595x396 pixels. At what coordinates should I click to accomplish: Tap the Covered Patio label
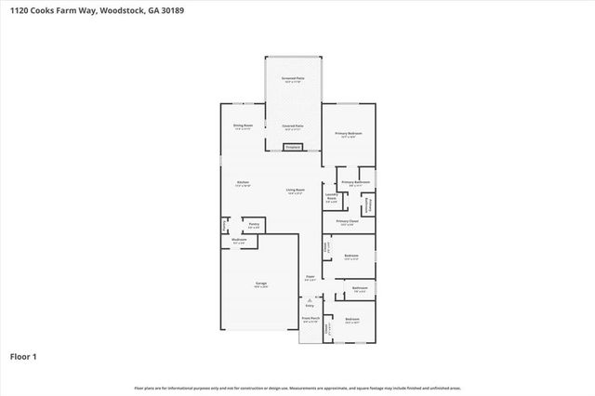pos(293,126)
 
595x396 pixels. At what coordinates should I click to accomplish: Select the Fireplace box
pos(293,147)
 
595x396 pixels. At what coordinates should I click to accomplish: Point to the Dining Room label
pos(242,126)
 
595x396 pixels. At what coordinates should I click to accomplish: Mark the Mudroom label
pos(239,241)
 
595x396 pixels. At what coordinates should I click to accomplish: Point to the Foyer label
pos(311,277)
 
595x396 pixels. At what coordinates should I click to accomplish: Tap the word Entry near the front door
pos(311,305)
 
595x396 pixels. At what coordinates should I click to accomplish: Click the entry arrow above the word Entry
pos(311,298)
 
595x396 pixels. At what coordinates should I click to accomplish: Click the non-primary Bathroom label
pos(360,289)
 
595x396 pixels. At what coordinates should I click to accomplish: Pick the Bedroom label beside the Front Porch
pos(351,320)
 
